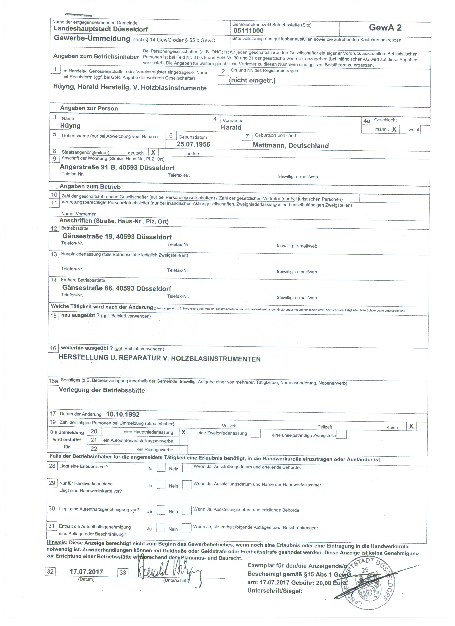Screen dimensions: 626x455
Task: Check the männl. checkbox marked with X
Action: [x=394, y=129]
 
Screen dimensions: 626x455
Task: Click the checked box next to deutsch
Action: [x=153, y=152]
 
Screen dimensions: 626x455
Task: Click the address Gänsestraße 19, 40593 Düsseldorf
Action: [x=117, y=237]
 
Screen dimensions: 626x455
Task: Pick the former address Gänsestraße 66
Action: [x=116, y=288]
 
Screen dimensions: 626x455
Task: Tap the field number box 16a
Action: [x=53, y=381]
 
